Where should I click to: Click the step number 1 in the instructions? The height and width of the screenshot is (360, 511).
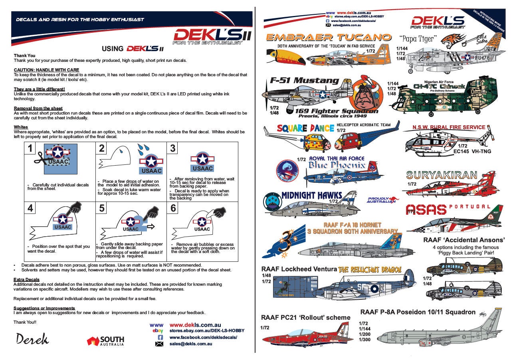[29, 148]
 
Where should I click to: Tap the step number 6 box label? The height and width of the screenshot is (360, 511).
[173, 209]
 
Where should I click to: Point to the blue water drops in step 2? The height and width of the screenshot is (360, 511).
[143, 151]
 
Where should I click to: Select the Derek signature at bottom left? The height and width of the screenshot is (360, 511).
[32, 339]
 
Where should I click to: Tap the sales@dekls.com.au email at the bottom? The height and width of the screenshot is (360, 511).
[190, 344]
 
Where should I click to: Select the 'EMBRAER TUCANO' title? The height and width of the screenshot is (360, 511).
[328, 38]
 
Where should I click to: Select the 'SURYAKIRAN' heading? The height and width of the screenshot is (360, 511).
[441, 175]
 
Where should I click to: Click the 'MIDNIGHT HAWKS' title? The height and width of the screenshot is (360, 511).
[312, 195]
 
